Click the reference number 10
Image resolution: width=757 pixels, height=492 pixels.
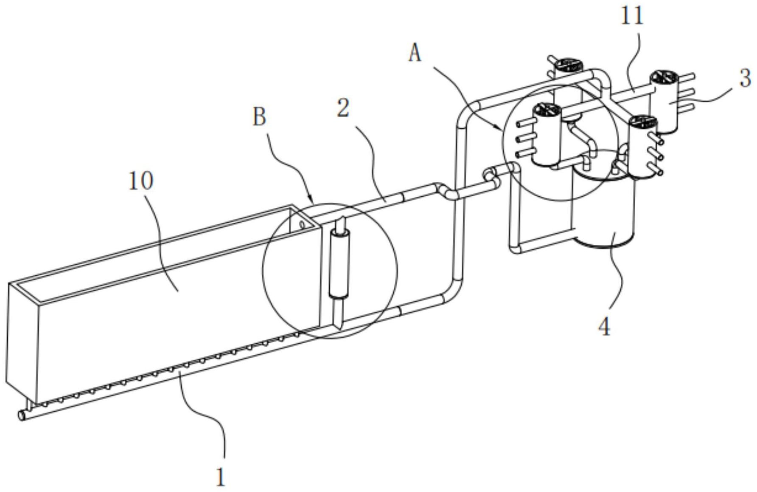click(x=141, y=181)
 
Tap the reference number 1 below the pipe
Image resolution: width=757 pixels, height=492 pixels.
click(x=221, y=477)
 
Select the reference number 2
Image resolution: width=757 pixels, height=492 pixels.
click(x=343, y=108)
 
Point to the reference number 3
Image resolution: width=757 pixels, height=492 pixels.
click(x=745, y=79)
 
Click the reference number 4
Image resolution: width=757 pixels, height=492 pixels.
click(x=604, y=327)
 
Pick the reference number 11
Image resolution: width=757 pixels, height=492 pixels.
click(x=632, y=17)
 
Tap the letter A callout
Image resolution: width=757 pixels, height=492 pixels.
click(x=415, y=54)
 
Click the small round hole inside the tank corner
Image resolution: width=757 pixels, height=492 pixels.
click(x=302, y=224)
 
